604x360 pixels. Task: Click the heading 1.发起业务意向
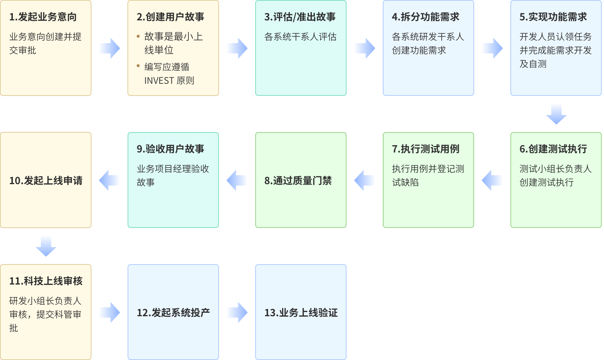pyautogui.click(x=43, y=17)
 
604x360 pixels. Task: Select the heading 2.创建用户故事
pyautogui.click(x=170, y=17)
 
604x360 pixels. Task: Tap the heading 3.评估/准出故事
pyautogui.click(x=300, y=17)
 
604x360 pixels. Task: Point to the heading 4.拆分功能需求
pyautogui.click(x=425, y=17)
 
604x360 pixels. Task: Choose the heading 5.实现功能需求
pyautogui.click(x=553, y=17)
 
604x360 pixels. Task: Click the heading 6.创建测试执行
pyautogui.click(x=553, y=149)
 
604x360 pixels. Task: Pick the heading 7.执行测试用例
pyautogui.click(x=425, y=149)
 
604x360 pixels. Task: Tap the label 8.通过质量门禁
pyautogui.click(x=298, y=181)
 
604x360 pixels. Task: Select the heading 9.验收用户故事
pyautogui.click(x=170, y=149)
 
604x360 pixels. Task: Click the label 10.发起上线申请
pyautogui.click(x=46, y=181)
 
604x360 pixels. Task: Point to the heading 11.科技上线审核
pyautogui.click(x=46, y=281)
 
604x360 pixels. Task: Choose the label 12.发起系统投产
pyautogui.click(x=173, y=313)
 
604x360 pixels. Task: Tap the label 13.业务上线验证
pyautogui.click(x=301, y=313)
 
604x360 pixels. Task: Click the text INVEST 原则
pyautogui.click(x=169, y=81)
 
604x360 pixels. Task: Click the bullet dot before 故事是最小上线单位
pyautogui.click(x=138, y=37)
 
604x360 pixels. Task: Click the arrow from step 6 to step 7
pyautogui.click(x=496, y=180)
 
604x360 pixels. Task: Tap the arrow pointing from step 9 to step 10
pyautogui.click(x=113, y=180)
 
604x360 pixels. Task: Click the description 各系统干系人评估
pyautogui.click(x=300, y=37)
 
